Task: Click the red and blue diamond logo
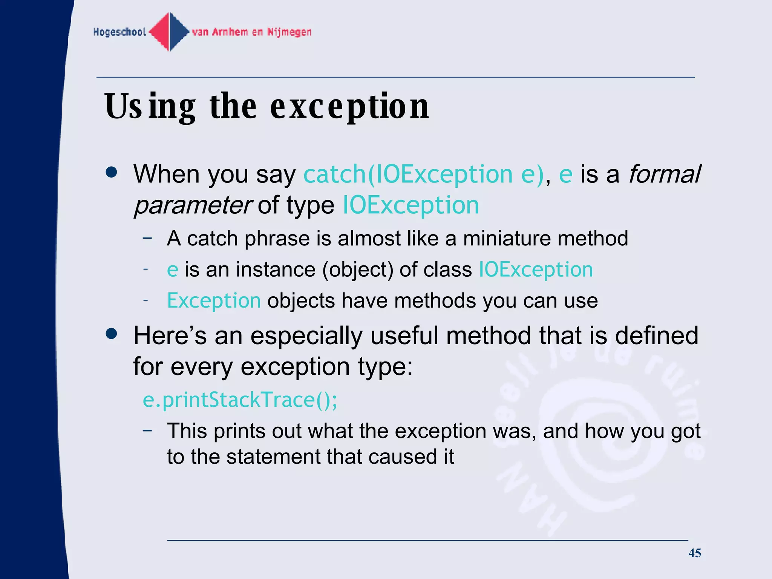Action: pyautogui.click(x=170, y=32)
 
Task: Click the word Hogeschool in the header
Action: pyautogui.click(x=119, y=32)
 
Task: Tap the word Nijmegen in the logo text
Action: pyautogui.click(x=289, y=32)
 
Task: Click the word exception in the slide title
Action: pyautogui.click(x=349, y=107)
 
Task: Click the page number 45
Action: pyautogui.click(x=694, y=553)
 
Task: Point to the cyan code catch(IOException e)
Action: pyautogui.click(x=424, y=174)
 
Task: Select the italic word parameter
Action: pyautogui.click(x=193, y=205)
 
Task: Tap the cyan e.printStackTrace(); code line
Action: pyautogui.click(x=240, y=400)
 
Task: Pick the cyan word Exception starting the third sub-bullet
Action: pyautogui.click(x=214, y=301)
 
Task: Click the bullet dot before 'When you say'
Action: pyautogui.click(x=112, y=173)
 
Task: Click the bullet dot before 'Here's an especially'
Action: pyautogui.click(x=112, y=334)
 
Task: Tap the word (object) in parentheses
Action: pyautogui.click(x=357, y=270)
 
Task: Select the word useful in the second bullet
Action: pyautogui.click(x=404, y=335)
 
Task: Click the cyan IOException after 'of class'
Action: pyautogui.click(x=536, y=270)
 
